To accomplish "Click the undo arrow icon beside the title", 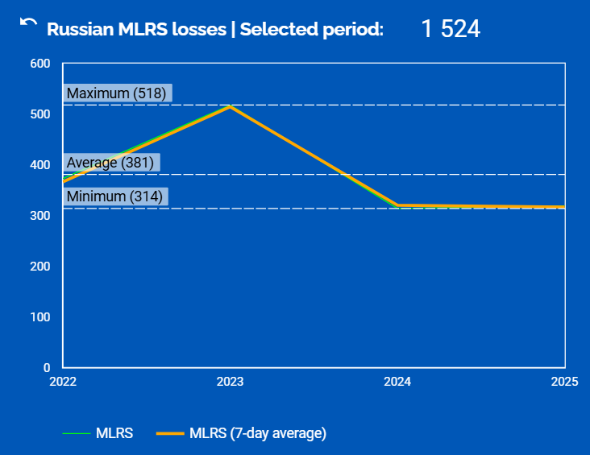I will tap(28, 25).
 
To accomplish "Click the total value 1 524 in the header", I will tap(451, 30).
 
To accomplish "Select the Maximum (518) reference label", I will tap(117, 93).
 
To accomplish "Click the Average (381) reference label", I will tap(112, 163).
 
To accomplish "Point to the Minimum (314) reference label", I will tap(114, 196).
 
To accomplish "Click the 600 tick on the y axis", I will tap(40, 64).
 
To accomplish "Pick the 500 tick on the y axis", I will tap(40, 114).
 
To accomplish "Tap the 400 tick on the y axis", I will tap(40, 165).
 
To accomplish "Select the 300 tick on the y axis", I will tap(40, 216).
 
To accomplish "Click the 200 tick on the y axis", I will tap(40, 267).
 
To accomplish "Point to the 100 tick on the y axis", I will tap(40, 317).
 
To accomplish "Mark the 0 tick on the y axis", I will tap(46, 368).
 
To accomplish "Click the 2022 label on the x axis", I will tap(63, 382).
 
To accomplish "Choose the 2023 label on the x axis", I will tap(231, 382).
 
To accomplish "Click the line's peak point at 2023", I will tap(231, 106).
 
